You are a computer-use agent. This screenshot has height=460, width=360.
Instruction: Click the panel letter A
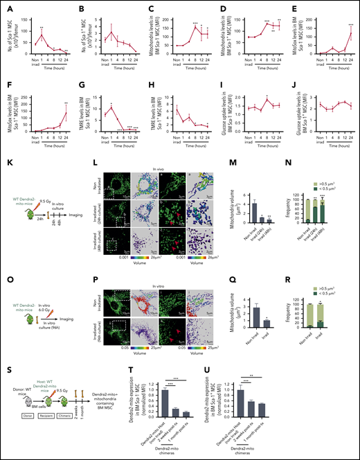pyautogui.click(x=6, y=6)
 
